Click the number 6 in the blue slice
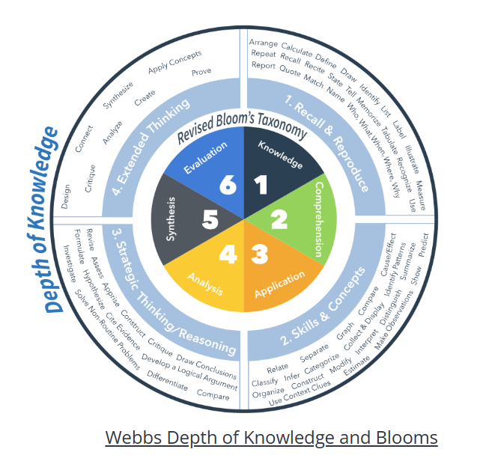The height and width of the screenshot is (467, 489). point(228,184)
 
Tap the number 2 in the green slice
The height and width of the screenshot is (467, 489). point(278,219)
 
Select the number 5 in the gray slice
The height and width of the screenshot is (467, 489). point(211,219)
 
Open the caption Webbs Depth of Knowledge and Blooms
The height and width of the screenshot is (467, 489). point(271,438)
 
